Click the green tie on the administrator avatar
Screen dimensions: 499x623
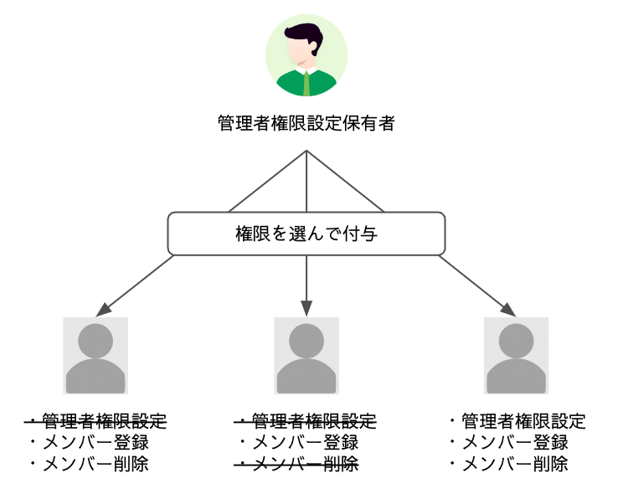307,83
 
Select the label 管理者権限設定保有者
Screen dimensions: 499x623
306,124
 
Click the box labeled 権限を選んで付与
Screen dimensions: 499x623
306,234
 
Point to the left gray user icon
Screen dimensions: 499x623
95,356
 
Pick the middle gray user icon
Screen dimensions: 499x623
306,356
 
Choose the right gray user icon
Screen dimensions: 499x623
516,356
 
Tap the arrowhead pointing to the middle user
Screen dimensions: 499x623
306,307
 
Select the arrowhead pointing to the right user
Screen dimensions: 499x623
511,308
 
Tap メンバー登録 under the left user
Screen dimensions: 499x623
95,442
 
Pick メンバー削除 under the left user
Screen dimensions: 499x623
95,463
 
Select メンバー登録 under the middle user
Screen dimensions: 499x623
305,442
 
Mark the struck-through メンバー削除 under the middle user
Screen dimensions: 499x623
305,463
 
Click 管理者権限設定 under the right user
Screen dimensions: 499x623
523,421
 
